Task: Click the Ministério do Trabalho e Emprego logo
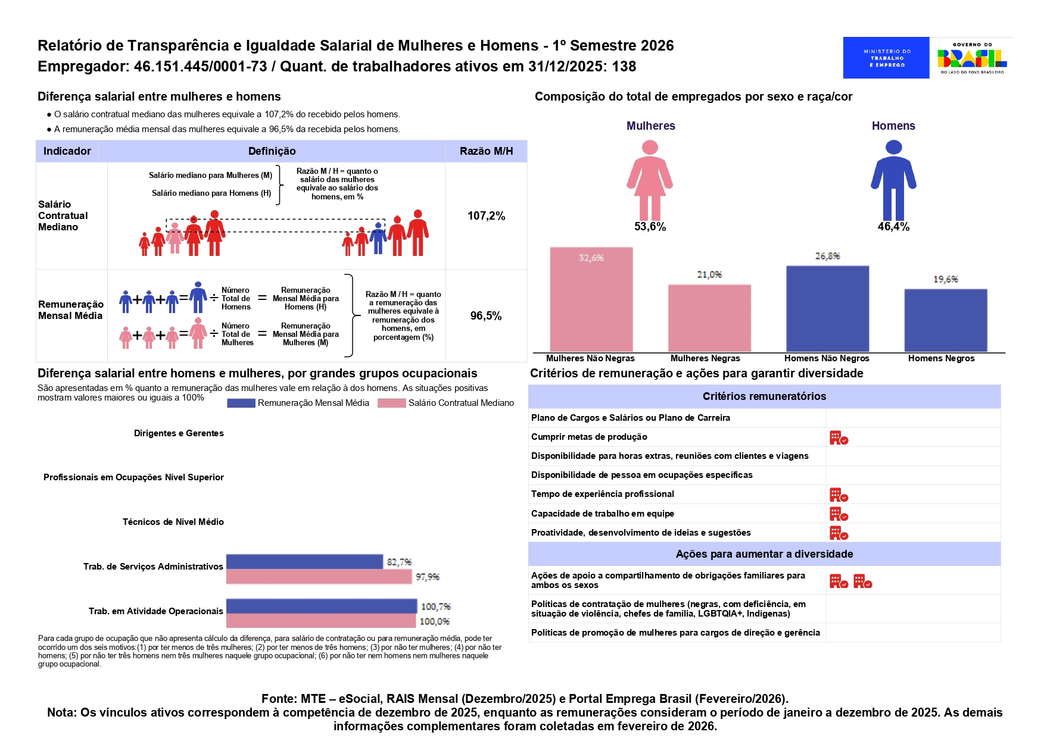[886, 58]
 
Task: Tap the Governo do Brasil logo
[972, 58]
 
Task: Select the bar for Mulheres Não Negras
[591, 299]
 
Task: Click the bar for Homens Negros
[945, 320]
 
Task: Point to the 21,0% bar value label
[709, 274]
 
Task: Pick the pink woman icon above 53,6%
[650, 180]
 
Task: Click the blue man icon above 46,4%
[893, 180]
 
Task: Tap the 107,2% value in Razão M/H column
[486, 216]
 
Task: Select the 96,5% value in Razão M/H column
[486, 316]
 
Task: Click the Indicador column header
[67, 151]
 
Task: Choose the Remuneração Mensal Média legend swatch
[241, 403]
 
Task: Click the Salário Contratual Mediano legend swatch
[391, 403]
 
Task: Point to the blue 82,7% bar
[304, 562]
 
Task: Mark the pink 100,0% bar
[321, 621]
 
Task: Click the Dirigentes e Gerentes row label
[179, 433]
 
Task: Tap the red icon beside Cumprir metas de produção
[839, 438]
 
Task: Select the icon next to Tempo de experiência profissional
[839, 495]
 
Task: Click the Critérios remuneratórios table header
[764, 396]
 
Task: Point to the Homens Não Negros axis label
[827, 358]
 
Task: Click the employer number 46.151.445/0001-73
[200, 67]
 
